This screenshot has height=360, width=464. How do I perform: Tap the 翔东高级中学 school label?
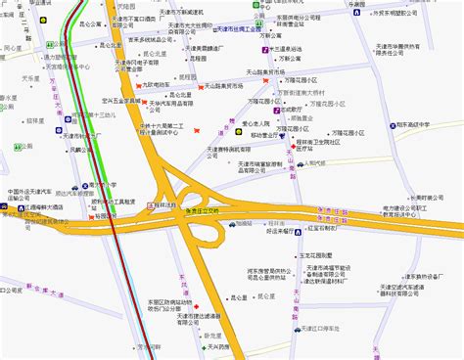[x=430, y=124]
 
